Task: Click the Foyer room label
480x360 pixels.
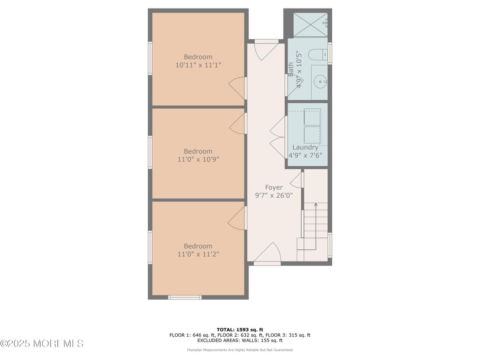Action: tap(274, 187)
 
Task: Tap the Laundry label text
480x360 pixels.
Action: tap(305, 147)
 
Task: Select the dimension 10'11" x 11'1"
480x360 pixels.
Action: tap(198, 65)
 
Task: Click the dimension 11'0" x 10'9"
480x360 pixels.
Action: tap(198, 159)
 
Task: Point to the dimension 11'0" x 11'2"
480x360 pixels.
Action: tap(198, 254)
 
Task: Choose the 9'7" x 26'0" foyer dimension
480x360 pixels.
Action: tap(274, 195)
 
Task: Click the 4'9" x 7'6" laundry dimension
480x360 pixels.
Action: tap(305, 155)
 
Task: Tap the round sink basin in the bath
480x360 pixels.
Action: tap(320, 82)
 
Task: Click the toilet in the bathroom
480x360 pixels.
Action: tap(318, 55)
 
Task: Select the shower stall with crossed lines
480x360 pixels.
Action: tap(310, 25)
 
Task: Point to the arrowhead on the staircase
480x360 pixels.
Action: tap(316, 204)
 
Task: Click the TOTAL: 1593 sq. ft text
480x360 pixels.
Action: tap(240, 330)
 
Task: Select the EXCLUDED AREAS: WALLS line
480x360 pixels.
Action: tap(240, 340)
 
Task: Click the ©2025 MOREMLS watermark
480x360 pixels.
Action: tap(42, 343)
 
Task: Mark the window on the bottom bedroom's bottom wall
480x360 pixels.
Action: tap(184, 297)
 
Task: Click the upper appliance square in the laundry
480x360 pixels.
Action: tap(312, 116)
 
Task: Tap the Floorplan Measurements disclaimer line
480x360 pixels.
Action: tap(240, 350)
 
